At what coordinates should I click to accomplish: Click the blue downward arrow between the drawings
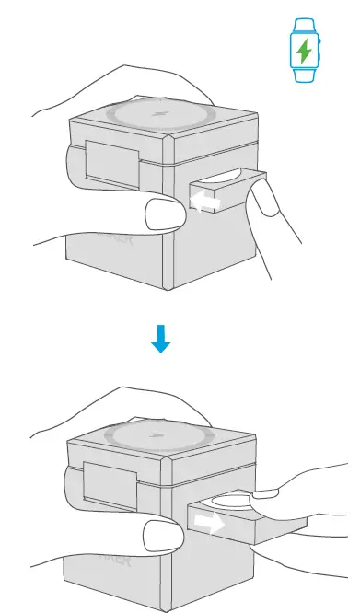point(161,341)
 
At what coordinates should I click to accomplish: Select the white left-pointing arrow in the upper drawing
point(200,202)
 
